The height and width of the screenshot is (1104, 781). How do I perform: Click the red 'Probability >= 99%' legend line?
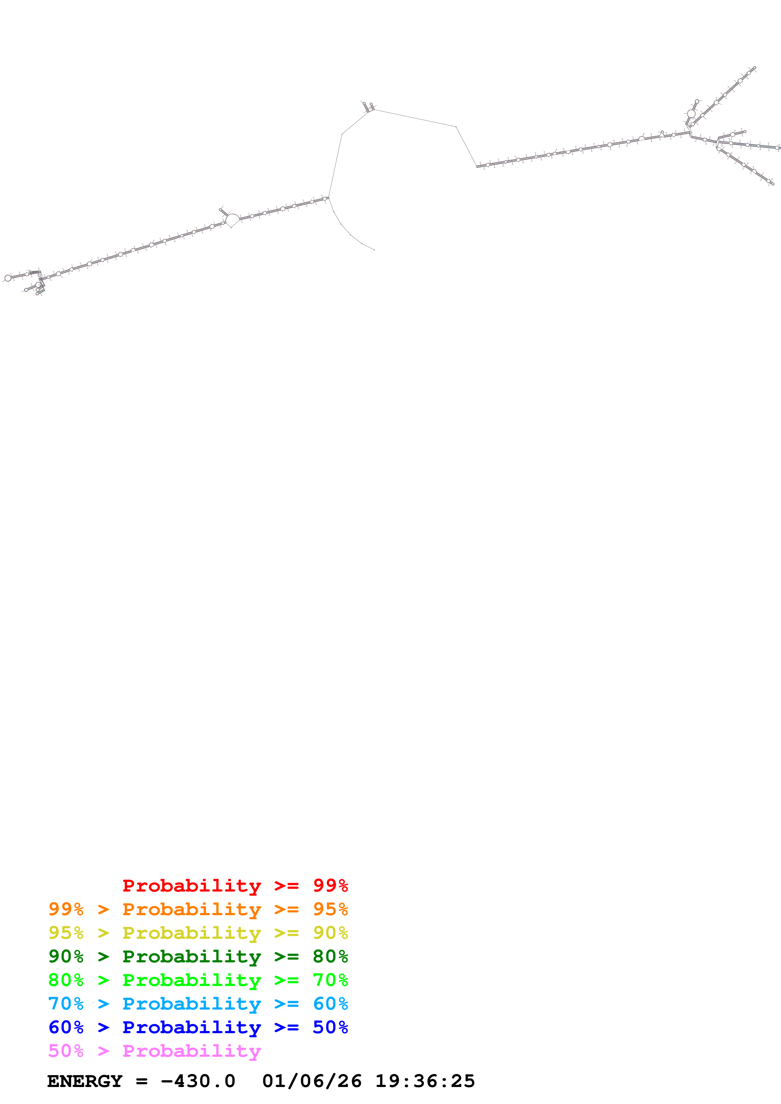tap(235, 886)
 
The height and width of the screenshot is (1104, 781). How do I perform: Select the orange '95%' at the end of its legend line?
tap(330, 909)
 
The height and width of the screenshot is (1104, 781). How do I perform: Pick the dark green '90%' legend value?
tap(66, 956)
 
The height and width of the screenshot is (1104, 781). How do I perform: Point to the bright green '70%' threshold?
tap(330, 980)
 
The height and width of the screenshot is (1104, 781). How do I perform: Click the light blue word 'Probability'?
tap(192, 1004)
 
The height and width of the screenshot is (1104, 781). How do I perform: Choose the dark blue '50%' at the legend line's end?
tap(330, 1027)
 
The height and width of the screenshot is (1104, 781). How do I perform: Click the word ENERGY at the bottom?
tap(85, 1081)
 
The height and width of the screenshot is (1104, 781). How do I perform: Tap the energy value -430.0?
tap(198, 1081)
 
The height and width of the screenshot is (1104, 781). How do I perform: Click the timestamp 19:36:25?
tap(425, 1081)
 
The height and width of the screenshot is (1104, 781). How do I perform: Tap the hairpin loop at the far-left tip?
tap(8, 278)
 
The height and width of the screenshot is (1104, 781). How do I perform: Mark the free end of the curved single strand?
tap(374, 250)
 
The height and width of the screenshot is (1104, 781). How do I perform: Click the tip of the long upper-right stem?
tap(754, 68)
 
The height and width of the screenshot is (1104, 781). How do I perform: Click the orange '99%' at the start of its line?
tap(66, 909)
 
